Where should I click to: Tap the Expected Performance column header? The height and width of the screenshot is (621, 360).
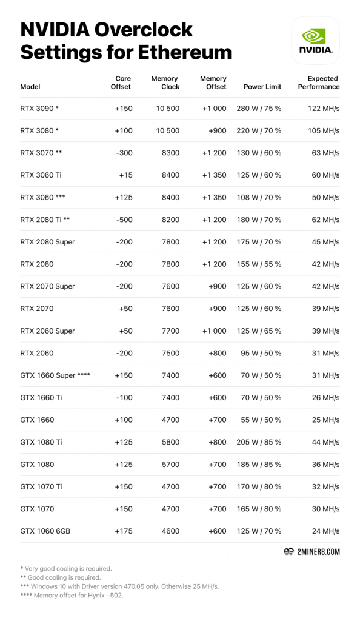(x=319, y=82)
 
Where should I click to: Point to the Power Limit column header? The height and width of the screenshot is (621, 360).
(x=262, y=87)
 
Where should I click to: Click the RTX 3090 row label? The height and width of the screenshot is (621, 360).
(x=39, y=109)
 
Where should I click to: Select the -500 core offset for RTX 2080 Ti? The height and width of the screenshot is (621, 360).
(x=123, y=220)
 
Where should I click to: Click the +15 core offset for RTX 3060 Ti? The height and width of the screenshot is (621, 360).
(x=125, y=175)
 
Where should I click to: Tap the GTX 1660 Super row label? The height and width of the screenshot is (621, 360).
(x=55, y=375)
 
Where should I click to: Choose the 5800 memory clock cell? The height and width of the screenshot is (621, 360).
(x=170, y=442)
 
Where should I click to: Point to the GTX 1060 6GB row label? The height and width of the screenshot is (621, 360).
(x=45, y=531)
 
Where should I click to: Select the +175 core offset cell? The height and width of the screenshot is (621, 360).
(x=123, y=531)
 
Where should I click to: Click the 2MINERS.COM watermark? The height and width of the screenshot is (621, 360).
(x=312, y=552)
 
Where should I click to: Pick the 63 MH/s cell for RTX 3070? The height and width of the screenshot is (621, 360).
(x=326, y=153)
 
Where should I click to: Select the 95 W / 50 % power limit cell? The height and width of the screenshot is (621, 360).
(x=263, y=353)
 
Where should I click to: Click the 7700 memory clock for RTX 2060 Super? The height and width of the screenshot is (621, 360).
(x=170, y=331)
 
